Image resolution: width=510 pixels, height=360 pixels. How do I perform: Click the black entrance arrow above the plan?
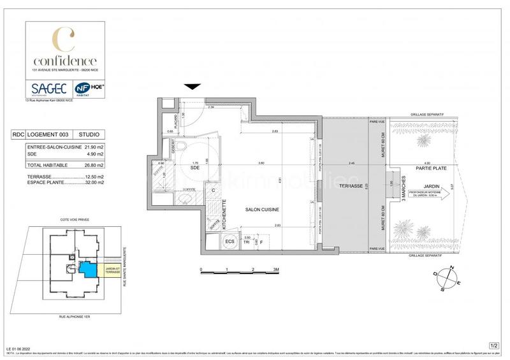point(193,87)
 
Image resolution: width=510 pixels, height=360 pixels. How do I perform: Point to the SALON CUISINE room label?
point(263,209)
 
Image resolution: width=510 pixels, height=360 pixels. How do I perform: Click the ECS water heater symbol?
point(229,241)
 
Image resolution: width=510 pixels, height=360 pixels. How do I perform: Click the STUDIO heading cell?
point(89,135)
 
